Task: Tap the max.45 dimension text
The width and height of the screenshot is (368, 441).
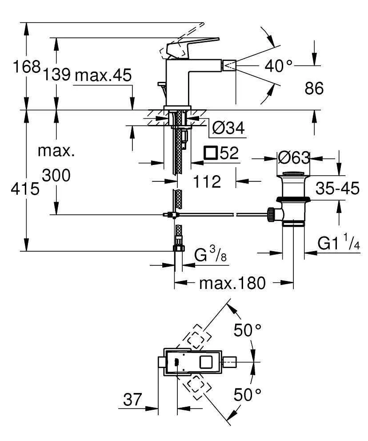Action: [x=103, y=75]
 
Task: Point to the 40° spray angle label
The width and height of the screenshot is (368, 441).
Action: [x=279, y=66]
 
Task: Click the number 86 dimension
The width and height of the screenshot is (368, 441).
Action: [x=314, y=89]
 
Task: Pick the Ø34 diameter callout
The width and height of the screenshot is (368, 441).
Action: [x=228, y=128]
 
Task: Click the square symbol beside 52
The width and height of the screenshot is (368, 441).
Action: [x=210, y=153]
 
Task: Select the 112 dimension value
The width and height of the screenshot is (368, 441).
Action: [x=207, y=181]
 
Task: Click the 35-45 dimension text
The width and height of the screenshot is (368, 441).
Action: [x=337, y=188]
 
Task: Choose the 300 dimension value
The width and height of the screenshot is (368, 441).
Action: [x=56, y=176]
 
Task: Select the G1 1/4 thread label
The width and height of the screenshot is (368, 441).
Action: [x=338, y=243]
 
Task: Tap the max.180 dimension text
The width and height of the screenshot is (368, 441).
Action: [x=232, y=282]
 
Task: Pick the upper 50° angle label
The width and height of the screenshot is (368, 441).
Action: [x=248, y=330]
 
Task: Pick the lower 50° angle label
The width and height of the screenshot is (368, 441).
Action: [x=248, y=394]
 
